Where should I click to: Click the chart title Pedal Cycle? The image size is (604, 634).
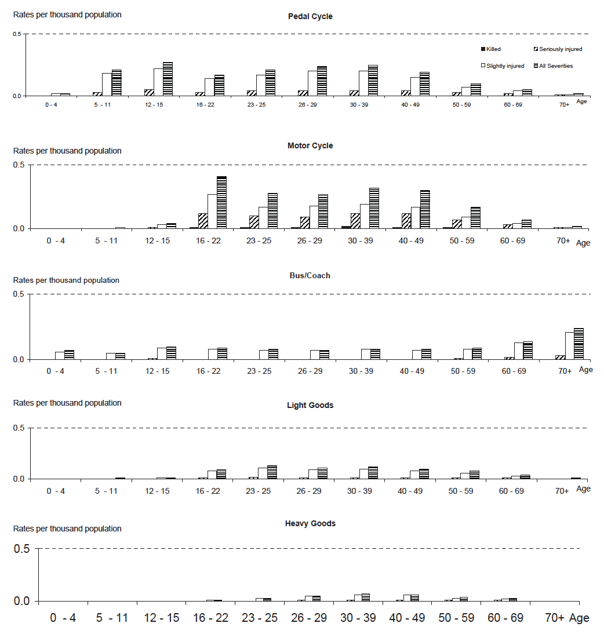point(310,16)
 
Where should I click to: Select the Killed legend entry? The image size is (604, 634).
point(490,49)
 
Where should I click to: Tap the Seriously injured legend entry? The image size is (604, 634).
point(557,49)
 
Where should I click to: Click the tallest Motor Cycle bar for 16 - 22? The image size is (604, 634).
point(221,202)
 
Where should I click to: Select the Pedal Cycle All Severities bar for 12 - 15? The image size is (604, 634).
point(168,79)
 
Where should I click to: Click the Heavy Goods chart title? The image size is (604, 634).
point(310,523)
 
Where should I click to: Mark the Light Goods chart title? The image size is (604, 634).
point(310,405)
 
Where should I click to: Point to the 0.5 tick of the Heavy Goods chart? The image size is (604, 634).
point(23,548)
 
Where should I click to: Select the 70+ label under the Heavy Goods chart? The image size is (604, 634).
point(554,618)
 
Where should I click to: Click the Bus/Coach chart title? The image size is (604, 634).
point(310,275)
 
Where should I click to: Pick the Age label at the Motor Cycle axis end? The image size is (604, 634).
point(583,243)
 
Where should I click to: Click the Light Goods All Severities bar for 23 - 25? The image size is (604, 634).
point(272,472)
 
